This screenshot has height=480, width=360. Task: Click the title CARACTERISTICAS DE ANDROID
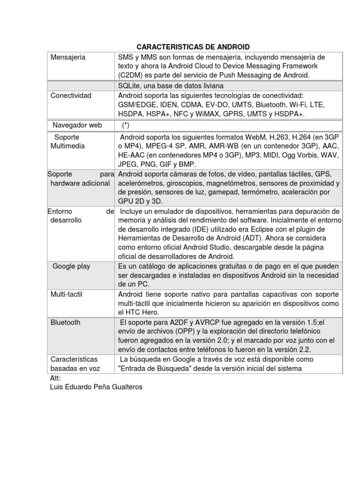193,47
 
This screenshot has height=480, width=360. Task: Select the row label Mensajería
68,57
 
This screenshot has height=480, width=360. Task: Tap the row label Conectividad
72,96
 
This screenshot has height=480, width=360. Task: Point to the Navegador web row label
77,125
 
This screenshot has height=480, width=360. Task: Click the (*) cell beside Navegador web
126,125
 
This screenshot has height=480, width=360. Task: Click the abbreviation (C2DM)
131,75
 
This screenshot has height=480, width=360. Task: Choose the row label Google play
71,266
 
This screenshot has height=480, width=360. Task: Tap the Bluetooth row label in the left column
66,322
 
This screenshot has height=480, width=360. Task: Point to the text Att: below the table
55,378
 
